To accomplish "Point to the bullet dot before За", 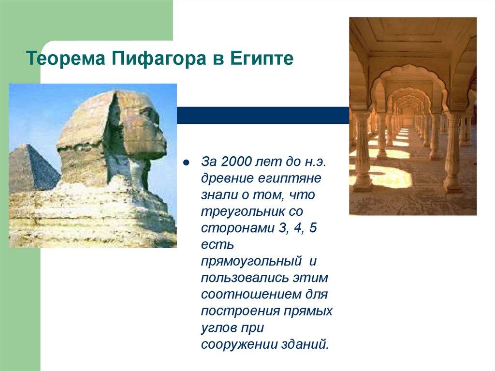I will pos(186,162).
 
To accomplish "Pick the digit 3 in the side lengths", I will pos(281,228).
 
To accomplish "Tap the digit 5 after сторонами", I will pos(313,228).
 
